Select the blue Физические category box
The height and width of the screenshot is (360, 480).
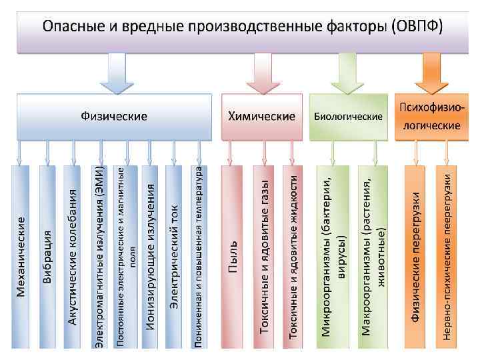115,117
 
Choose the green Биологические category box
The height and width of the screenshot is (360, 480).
348,117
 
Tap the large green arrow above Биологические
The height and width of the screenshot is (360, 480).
347,73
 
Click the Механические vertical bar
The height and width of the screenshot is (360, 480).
21,257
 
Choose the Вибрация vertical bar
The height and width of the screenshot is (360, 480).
47,257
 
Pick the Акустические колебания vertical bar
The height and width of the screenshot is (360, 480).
73,257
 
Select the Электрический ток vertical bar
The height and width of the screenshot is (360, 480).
174,257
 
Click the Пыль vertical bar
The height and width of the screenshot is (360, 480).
232,257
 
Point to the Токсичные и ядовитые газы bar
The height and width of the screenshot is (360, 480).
265,257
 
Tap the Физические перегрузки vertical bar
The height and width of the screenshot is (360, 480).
415,257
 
